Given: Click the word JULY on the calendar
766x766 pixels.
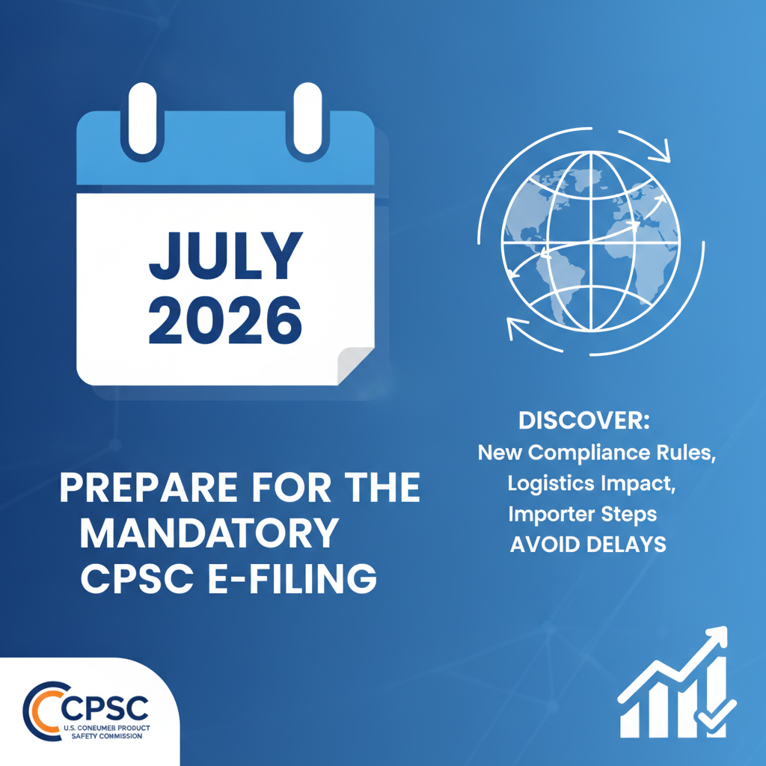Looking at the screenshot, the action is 226,256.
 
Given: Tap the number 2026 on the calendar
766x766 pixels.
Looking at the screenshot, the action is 225,320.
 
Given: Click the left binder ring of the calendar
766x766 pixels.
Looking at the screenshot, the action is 142,121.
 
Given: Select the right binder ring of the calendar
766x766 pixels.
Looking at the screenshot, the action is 307,121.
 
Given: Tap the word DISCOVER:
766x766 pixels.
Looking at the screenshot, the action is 584,420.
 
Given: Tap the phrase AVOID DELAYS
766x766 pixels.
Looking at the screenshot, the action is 588,545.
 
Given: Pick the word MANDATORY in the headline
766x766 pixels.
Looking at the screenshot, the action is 209,533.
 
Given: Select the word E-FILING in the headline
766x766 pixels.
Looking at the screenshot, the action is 292,578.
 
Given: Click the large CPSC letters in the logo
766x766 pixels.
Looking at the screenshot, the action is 105,708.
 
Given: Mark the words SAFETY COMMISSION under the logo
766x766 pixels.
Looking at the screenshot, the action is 106,736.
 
